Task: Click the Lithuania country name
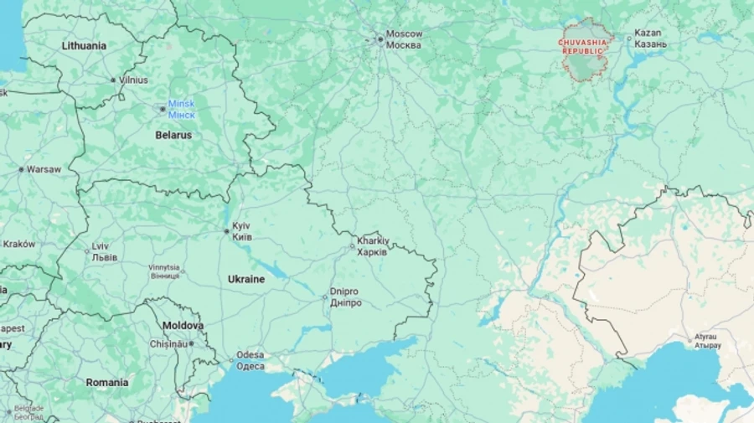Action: click(84, 46)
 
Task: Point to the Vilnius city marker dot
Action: click(114, 80)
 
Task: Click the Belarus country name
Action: click(173, 135)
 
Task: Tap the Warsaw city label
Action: click(44, 169)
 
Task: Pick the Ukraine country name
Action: click(246, 279)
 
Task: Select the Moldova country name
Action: click(183, 325)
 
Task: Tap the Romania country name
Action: click(107, 383)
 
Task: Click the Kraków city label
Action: click(18, 245)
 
